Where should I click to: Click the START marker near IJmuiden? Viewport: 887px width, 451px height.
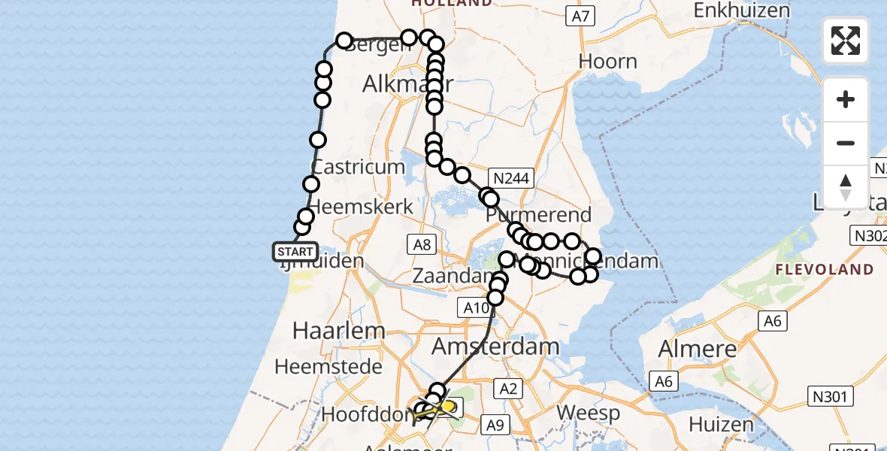pyautogui.click(x=295, y=251)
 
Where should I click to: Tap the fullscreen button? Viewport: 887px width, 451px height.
pyautogui.click(x=846, y=41)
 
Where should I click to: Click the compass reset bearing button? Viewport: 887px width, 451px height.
pyautogui.click(x=846, y=186)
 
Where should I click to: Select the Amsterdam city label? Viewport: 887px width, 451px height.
pyautogui.click(x=496, y=347)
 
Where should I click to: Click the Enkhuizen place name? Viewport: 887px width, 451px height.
pyautogui.click(x=742, y=10)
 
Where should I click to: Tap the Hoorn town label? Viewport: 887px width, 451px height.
pyautogui.click(x=607, y=61)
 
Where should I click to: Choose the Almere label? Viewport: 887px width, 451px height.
pyautogui.click(x=697, y=349)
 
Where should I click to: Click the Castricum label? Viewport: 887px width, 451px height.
pyautogui.click(x=358, y=166)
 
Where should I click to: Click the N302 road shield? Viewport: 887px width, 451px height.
pyautogui.click(x=868, y=236)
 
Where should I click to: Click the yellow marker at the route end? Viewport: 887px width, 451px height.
pyautogui.click(x=449, y=407)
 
